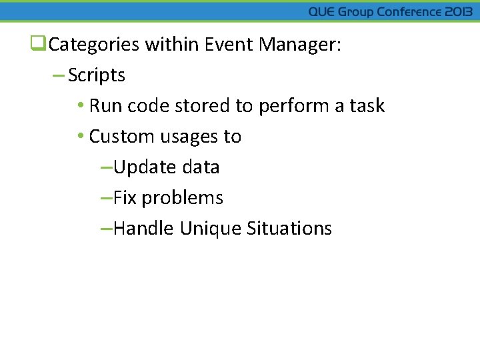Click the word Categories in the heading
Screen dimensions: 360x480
[94, 45]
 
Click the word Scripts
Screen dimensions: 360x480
[97, 75]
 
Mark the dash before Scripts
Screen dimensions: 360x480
[58, 75]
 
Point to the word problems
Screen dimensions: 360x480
[182, 198]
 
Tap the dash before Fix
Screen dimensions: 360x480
[105, 198]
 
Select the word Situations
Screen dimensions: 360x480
[289, 229]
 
